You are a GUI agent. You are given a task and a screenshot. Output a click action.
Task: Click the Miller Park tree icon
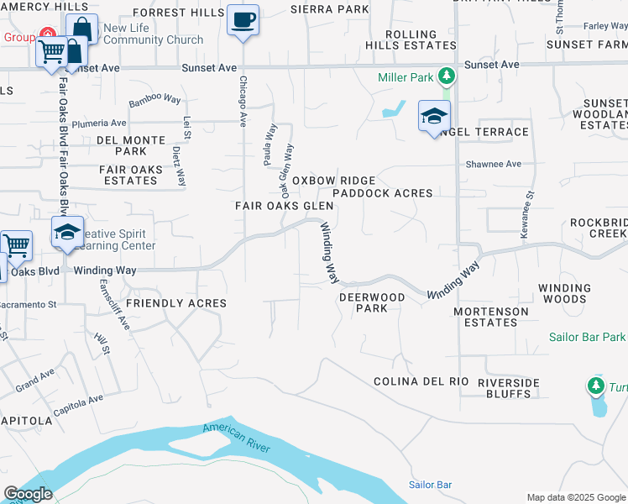[x=447, y=76]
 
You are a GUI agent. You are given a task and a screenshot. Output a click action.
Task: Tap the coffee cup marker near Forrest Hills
[x=243, y=18]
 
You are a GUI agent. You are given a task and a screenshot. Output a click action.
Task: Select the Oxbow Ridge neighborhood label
[x=333, y=181]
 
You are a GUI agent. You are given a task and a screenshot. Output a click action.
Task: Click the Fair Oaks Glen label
[x=284, y=206]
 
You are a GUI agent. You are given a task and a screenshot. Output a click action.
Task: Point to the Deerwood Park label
[x=372, y=302]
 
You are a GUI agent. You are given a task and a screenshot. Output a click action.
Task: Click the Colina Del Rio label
[x=421, y=381]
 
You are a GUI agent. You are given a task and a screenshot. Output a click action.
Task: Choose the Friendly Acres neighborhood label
[x=176, y=303]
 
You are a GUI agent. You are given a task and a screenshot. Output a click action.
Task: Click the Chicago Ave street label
[x=243, y=100]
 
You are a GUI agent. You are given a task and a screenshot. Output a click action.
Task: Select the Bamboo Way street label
[x=154, y=101]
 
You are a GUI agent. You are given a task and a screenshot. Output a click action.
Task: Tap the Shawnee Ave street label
[x=494, y=164]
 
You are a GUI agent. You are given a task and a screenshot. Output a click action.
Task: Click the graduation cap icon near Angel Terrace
[x=434, y=116]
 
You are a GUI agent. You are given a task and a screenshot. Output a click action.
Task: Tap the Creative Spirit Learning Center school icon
[x=67, y=232]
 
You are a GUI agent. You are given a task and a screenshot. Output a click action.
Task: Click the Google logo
[x=28, y=494]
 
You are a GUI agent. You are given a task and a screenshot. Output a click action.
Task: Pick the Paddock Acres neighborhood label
[x=382, y=193]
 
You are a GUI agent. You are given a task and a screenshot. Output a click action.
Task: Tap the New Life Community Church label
[x=153, y=34]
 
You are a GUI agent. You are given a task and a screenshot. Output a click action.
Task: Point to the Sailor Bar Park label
[x=588, y=337]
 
